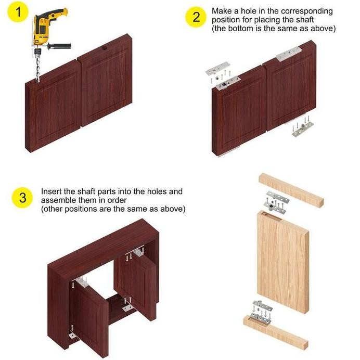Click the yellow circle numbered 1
tap(18, 12)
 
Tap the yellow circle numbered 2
tap(196, 17)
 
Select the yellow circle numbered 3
tap(22, 198)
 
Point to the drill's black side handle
tap(59, 46)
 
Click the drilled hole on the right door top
tap(105, 48)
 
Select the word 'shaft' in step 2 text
tap(305, 20)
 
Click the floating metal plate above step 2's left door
tap(217, 68)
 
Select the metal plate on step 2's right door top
tap(289, 54)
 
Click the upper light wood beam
tap(291, 190)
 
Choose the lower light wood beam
tap(276, 332)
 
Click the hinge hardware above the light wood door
tap(276, 201)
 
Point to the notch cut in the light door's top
tap(272, 216)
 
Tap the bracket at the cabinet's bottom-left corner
tap(73, 336)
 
